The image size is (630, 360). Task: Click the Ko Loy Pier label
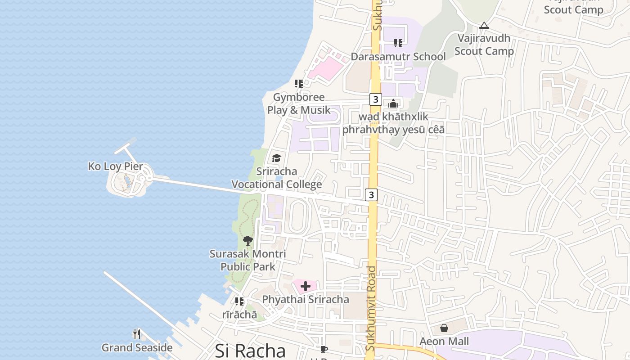116,166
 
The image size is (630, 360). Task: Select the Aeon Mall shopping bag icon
444,328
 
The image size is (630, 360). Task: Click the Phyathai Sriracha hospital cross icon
306,286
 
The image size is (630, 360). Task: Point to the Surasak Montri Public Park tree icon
247,240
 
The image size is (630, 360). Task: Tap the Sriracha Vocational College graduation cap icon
276,158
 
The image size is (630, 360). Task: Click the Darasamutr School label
398,57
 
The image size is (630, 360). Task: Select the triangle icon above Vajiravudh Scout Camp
484,26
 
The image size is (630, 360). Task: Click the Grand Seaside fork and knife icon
137,334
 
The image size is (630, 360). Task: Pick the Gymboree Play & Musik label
299,103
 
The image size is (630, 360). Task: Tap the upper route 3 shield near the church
375,99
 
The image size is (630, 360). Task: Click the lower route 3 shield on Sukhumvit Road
371,194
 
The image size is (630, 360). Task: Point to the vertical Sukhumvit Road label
371,308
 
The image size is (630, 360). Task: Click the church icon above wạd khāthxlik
393,104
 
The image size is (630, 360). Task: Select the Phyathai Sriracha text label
306,300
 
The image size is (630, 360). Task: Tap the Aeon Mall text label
444,342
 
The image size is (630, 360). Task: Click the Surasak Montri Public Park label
247,260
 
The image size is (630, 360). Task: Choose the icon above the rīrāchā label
239,301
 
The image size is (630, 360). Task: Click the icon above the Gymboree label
299,84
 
